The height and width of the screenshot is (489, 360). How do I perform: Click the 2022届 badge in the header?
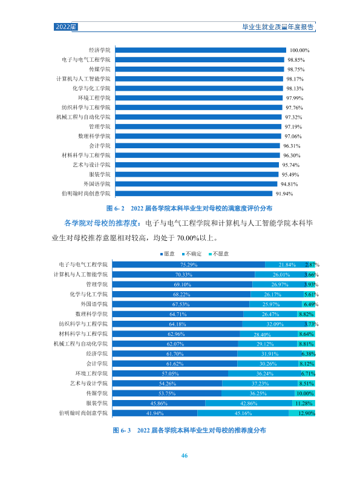point(65,27)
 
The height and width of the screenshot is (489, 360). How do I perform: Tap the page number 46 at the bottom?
point(185,456)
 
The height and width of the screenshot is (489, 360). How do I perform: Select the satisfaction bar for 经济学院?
point(200,50)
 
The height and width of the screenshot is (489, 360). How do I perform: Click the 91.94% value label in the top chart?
point(284,194)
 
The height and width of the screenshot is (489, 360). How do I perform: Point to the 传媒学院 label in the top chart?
point(100,69)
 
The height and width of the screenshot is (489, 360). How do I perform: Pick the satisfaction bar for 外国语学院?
point(196,184)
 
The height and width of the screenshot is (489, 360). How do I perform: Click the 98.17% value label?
point(295,79)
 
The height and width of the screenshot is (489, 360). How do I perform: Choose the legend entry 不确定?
point(192,254)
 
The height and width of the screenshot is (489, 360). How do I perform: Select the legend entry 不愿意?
point(219,254)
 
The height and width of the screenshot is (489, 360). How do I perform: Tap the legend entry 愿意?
point(168,254)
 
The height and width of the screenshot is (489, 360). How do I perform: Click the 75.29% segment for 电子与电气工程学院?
point(189,264)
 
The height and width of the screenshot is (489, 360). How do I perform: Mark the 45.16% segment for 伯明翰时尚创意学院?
point(243,413)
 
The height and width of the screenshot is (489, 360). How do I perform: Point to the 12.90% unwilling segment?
point(302,413)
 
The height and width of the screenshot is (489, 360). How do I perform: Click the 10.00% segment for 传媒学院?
point(305,393)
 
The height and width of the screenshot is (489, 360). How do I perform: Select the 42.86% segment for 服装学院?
point(249,403)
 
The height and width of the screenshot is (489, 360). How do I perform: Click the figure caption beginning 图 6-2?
point(189,208)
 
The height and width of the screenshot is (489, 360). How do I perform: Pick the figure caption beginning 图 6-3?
point(189,430)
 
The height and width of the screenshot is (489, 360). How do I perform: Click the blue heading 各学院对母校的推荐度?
point(101,223)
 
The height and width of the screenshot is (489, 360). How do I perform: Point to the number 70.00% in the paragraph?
point(188,238)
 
